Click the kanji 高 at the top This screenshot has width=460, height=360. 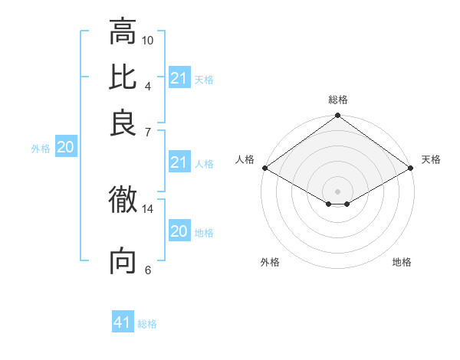click(123, 32)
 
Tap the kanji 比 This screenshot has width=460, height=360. click(123, 77)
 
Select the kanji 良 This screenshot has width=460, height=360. click(123, 123)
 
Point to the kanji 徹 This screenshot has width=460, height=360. click(123, 201)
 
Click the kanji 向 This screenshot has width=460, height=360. click(123, 261)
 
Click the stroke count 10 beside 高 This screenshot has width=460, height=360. click(148, 39)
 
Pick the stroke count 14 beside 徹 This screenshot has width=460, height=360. click(148, 208)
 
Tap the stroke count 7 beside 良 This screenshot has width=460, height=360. click(147, 131)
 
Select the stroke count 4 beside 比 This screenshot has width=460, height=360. click(147, 85)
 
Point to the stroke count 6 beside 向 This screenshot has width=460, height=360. click(147, 270)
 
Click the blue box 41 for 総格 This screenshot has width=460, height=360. click(123, 322)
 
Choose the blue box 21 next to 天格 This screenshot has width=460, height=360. click(179, 78)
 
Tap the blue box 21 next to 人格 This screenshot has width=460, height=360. click(179, 162)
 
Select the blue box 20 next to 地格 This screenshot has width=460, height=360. click(179, 231)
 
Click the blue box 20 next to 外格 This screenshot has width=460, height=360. click(65, 148)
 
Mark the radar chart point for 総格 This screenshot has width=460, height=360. click(337, 116)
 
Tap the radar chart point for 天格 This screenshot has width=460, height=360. click(411, 168)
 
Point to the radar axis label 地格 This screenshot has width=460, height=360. click(402, 262)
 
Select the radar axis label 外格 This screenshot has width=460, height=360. click(270, 262)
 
